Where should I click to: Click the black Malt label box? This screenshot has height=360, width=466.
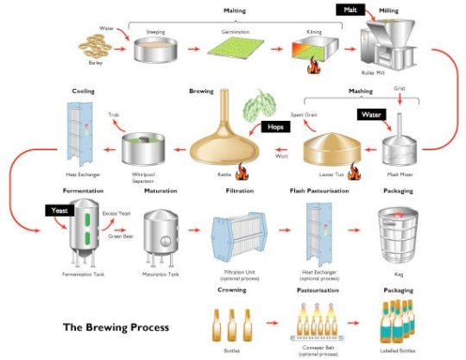(350, 10)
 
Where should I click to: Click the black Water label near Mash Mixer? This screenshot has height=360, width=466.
(371, 112)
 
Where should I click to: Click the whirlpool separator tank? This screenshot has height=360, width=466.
(143, 148)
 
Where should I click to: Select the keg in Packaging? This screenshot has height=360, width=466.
(396, 233)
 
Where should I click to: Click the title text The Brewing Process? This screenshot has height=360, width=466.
(115, 327)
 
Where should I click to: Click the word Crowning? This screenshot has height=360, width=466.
(233, 290)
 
